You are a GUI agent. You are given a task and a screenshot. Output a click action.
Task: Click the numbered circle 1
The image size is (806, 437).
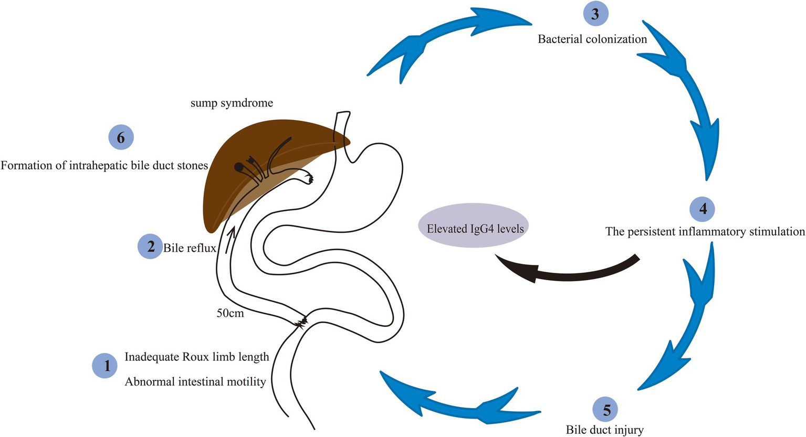107,365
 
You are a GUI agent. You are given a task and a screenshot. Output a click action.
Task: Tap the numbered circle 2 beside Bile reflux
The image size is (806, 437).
150,246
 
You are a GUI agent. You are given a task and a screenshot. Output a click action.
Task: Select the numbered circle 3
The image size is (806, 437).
595,14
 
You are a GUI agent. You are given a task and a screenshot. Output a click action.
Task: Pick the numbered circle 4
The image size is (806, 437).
703,209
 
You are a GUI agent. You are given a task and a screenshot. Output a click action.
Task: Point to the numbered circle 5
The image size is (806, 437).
606,409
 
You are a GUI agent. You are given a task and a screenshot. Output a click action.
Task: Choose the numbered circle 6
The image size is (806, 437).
121,137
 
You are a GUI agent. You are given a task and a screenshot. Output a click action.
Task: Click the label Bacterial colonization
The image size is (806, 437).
592,39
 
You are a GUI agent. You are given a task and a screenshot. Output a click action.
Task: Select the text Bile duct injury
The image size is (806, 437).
604,430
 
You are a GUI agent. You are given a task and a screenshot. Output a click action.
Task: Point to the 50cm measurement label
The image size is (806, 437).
230,314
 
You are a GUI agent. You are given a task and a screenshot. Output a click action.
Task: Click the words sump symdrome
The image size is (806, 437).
232,103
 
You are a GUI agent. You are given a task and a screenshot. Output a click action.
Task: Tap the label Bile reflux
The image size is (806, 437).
190,248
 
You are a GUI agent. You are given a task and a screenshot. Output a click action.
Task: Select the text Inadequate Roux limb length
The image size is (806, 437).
197,357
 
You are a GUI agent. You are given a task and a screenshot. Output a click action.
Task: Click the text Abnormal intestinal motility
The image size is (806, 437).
195,381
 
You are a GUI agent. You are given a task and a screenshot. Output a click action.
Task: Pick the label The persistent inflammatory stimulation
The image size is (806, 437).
705,231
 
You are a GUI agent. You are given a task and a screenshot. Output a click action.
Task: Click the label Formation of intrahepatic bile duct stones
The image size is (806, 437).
104,165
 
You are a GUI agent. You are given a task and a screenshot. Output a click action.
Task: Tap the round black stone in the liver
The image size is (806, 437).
239,167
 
